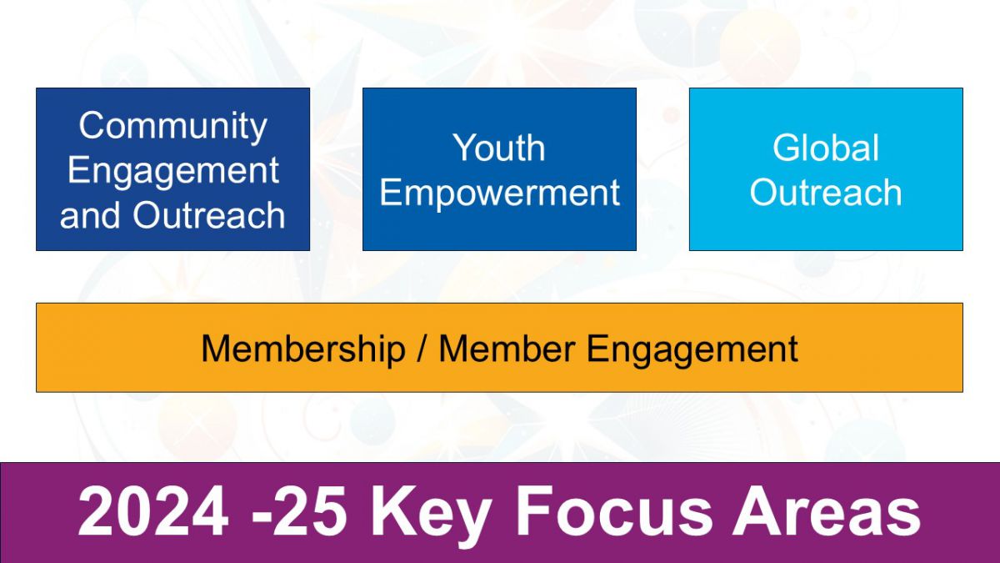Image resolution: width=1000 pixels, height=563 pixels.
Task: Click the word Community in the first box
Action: (x=172, y=127)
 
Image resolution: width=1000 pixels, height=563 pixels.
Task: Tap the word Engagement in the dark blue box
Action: (x=173, y=172)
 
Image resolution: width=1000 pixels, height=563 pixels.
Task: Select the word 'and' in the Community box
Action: (x=90, y=215)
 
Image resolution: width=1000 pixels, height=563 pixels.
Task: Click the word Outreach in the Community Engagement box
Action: (x=209, y=215)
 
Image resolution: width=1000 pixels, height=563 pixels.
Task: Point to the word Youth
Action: (x=499, y=148)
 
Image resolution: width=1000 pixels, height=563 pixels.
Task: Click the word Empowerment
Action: (x=499, y=194)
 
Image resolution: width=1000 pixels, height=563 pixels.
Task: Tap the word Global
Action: (x=826, y=148)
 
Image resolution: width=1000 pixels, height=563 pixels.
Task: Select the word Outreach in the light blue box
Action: (x=826, y=192)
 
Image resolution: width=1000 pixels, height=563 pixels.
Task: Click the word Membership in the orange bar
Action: (x=303, y=349)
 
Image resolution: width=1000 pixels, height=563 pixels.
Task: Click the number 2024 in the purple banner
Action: (x=153, y=511)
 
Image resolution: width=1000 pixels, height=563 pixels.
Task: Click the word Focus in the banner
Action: (x=615, y=511)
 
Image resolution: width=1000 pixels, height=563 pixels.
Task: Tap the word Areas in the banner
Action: (x=827, y=511)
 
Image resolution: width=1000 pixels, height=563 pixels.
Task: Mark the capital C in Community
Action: (x=92, y=125)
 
